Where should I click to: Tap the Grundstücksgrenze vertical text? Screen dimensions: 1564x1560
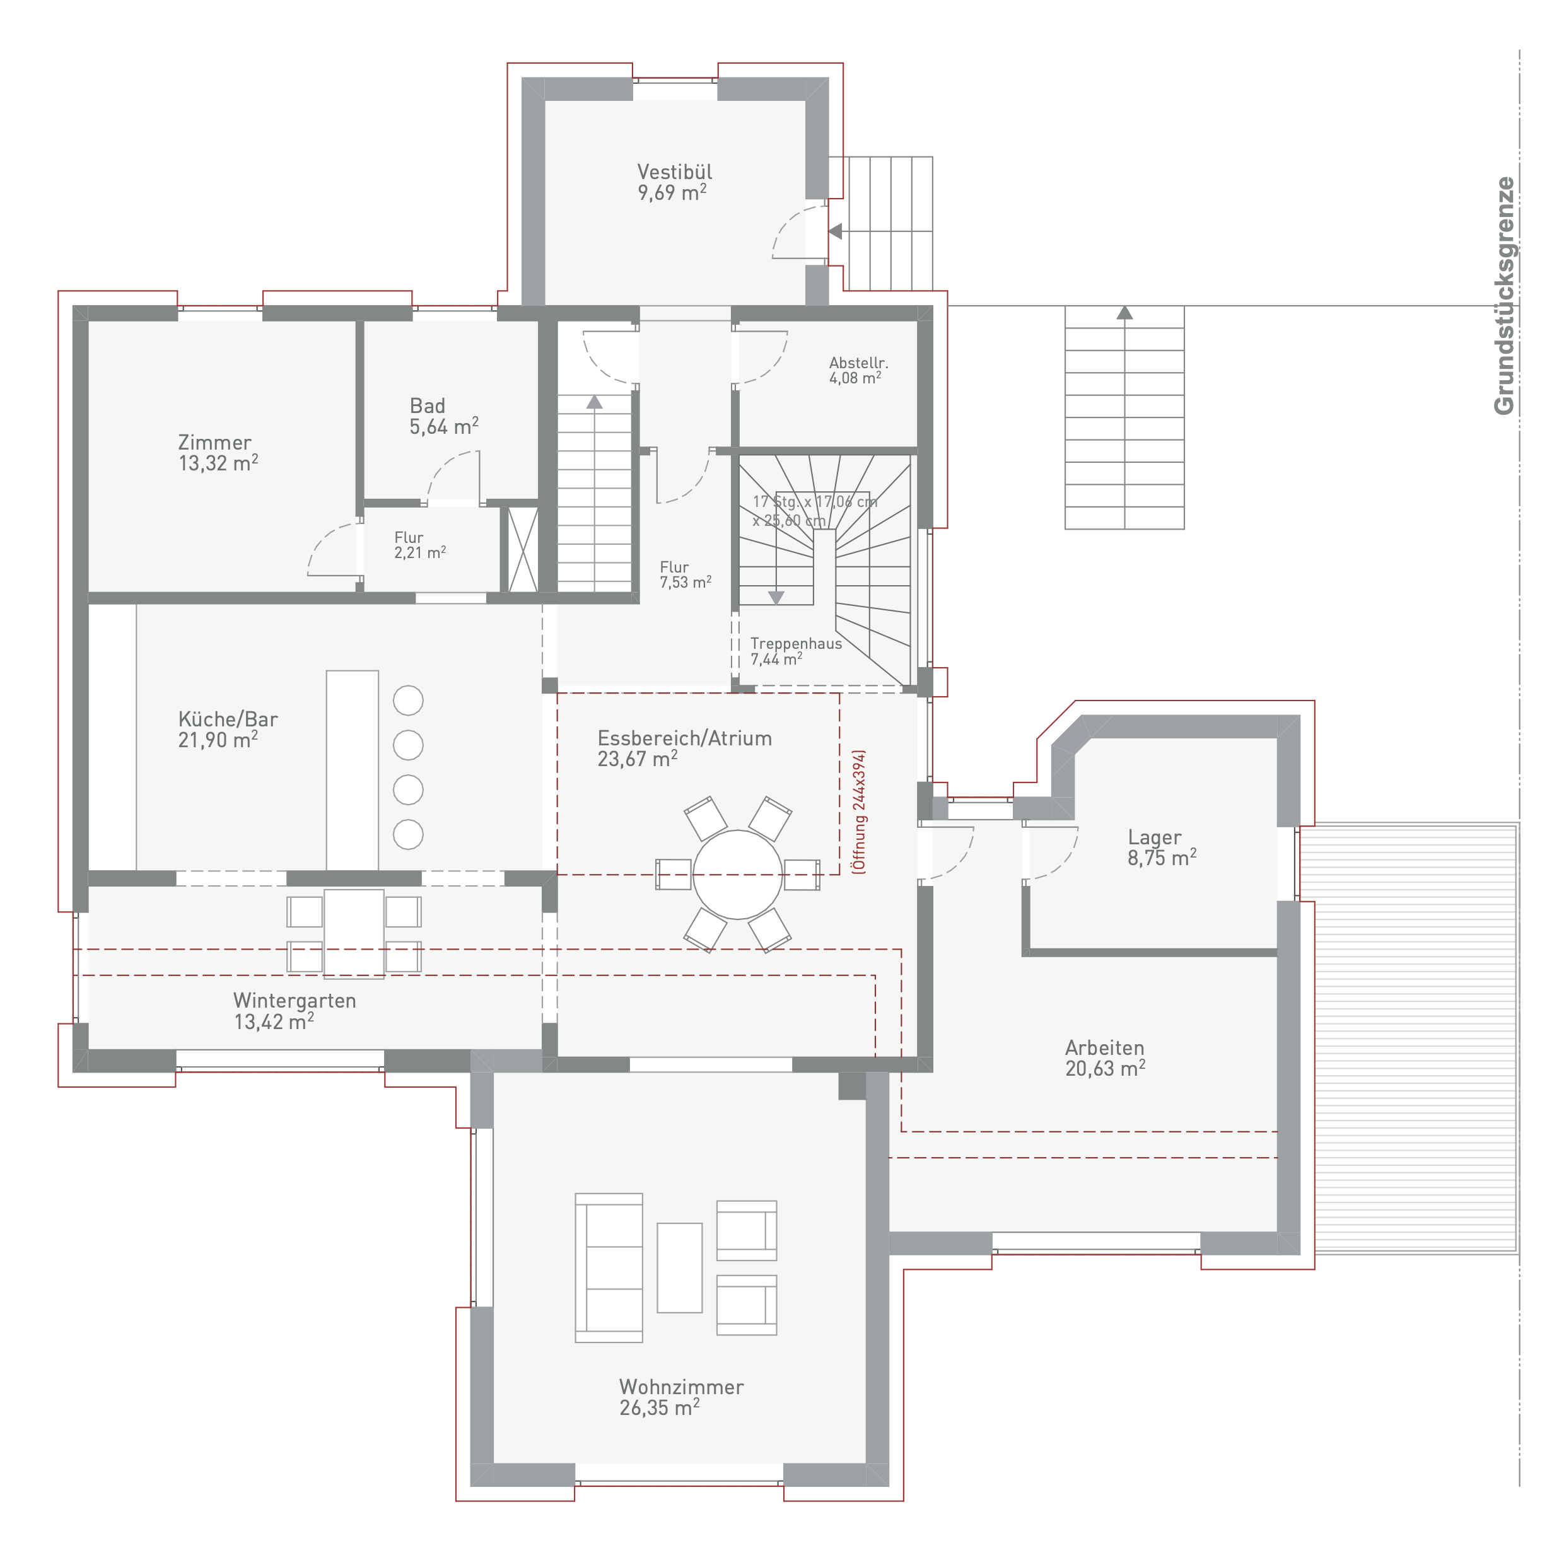tap(1503, 296)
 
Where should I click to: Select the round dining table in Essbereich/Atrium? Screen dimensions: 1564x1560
tap(737, 875)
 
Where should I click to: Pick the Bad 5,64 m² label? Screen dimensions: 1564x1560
tap(443, 416)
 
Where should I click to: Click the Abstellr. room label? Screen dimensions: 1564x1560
tap(858, 363)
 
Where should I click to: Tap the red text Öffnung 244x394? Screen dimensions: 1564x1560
tap(859, 811)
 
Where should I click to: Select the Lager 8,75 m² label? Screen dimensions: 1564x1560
tap(1162, 847)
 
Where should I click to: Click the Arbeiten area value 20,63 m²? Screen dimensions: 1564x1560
tap(1105, 1069)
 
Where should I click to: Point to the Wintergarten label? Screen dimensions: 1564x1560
tap(295, 1001)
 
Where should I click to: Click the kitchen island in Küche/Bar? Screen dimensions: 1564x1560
tap(352, 770)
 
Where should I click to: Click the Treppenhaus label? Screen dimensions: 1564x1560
tap(796, 644)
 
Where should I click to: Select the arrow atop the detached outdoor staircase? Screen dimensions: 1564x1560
tap(1124, 313)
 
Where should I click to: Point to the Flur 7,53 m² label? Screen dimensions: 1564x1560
tap(685, 575)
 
